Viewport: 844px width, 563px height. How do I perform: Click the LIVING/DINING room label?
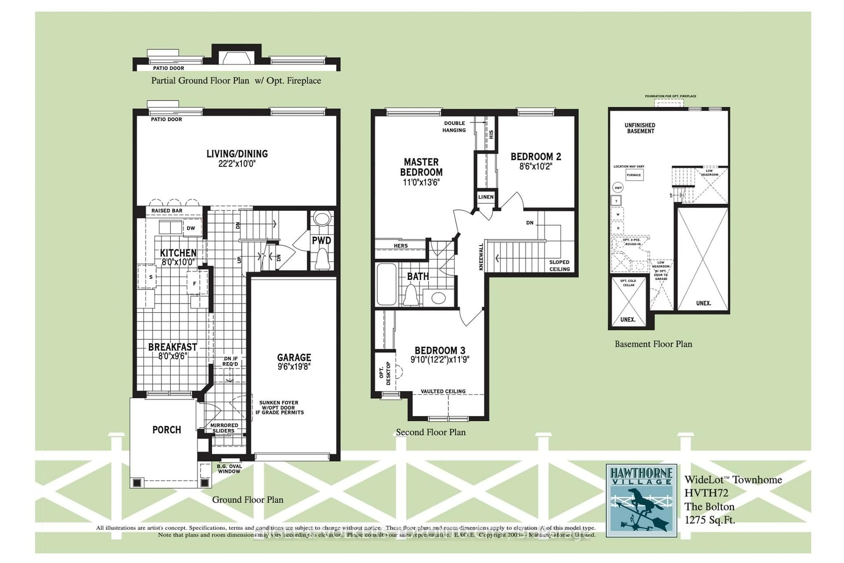coord(237,154)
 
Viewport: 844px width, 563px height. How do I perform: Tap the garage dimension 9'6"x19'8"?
coord(294,367)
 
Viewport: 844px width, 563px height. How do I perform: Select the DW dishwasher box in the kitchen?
coord(191,228)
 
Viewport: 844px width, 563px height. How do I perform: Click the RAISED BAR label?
coord(167,211)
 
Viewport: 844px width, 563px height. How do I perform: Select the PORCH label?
coord(167,430)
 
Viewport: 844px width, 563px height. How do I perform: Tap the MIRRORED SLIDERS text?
coord(224,428)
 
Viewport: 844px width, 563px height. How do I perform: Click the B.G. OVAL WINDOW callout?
coord(229,469)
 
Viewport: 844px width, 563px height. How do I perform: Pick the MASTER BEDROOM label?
coord(421,167)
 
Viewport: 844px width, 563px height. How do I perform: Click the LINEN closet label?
coord(486,197)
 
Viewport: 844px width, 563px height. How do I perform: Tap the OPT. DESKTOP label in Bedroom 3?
coord(385,373)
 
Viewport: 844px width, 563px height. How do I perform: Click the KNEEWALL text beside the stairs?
coord(481,257)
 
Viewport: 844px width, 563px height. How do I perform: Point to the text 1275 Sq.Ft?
coord(709,520)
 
